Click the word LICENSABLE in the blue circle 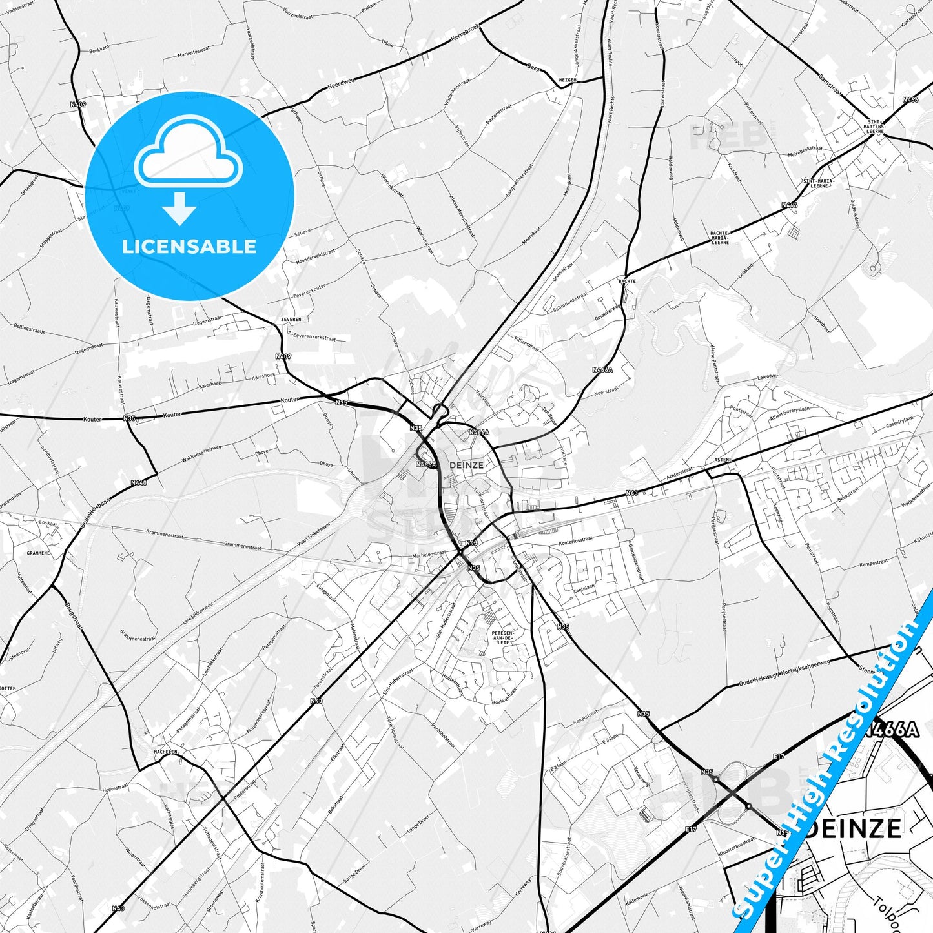189,246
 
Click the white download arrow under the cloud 180,209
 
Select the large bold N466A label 891,730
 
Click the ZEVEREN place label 291,319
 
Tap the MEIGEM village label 567,79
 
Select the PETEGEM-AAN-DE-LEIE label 502,638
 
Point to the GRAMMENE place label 38,553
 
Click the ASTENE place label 723,459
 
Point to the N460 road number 138,482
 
